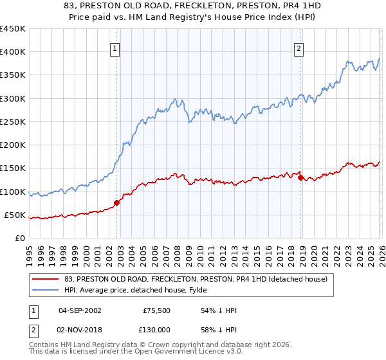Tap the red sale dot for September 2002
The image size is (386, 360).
point(116,203)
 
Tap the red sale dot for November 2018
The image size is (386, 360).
point(301,177)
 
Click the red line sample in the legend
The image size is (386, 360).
point(46,279)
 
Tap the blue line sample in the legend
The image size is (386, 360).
point(46,290)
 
